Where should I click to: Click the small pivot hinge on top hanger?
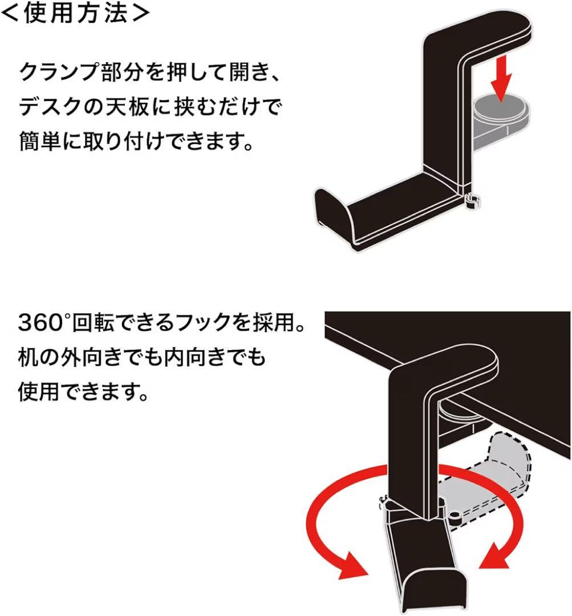click(x=471, y=201)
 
